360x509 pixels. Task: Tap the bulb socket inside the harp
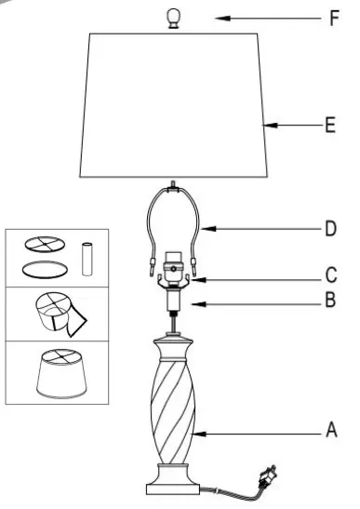(x=171, y=267)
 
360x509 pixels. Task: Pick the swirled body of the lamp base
(x=172, y=409)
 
